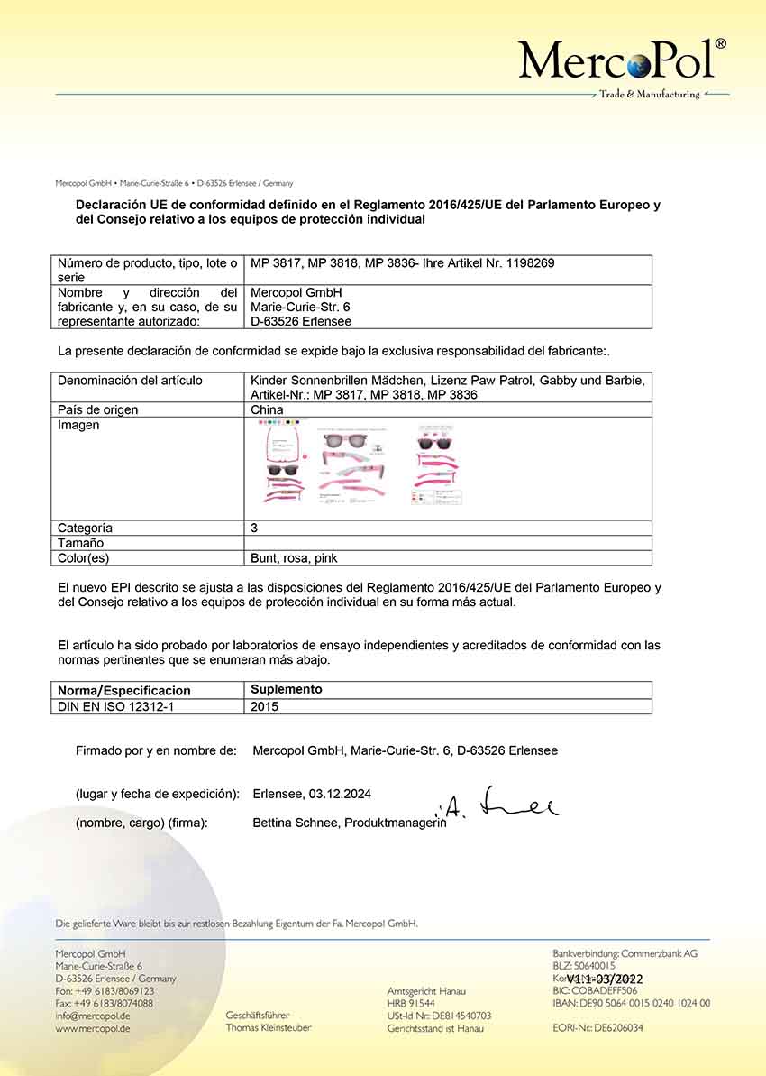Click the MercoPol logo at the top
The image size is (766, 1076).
[x=622, y=61]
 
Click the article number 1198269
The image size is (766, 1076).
[x=533, y=263]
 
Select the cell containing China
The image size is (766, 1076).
[x=267, y=409]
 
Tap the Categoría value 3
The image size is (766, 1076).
[x=254, y=528]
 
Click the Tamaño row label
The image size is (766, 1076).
[x=80, y=543]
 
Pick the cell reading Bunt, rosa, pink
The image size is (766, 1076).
[x=294, y=558]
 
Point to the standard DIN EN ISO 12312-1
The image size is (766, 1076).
[x=115, y=706]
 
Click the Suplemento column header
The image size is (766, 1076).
[x=286, y=690]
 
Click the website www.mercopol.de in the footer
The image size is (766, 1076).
[x=93, y=1028]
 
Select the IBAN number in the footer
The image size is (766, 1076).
[x=631, y=1003]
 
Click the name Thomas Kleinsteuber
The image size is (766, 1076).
[x=269, y=1028]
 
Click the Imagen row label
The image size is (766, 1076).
[x=78, y=425]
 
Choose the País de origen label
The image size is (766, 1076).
[x=97, y=409]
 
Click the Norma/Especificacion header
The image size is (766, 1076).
[x=123, y=691]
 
